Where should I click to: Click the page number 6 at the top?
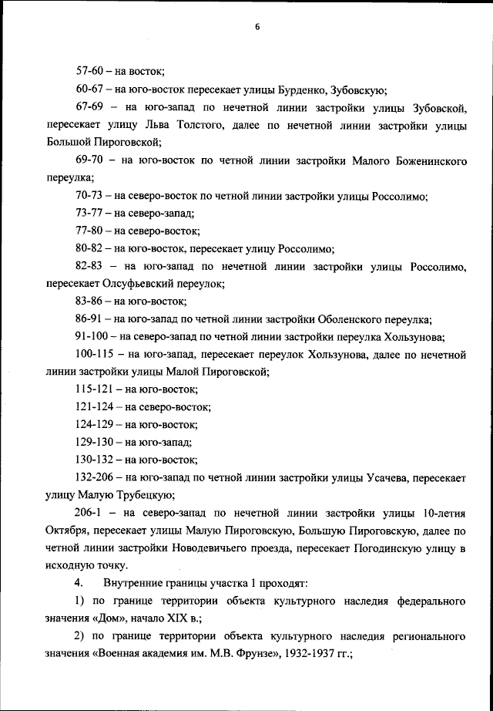(x=257, y=27)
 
